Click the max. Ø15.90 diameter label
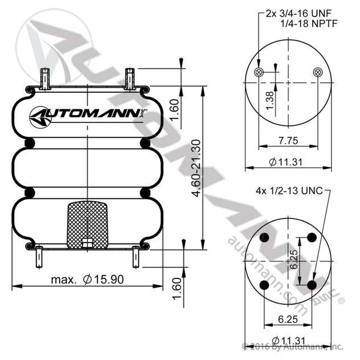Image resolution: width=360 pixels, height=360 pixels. [x=87, y=280]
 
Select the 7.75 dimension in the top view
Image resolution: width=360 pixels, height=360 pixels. [x=288, y=141]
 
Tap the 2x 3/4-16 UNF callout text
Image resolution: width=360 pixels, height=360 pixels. [x=298, y=14]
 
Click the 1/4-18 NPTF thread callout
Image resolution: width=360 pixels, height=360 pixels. [x=309, y=23]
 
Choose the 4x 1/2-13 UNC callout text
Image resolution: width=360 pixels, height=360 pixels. [x=289, y=191]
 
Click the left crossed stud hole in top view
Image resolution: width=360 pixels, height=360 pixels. [x=259, y=72]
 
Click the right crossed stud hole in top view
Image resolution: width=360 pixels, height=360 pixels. [x=318, y=72]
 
